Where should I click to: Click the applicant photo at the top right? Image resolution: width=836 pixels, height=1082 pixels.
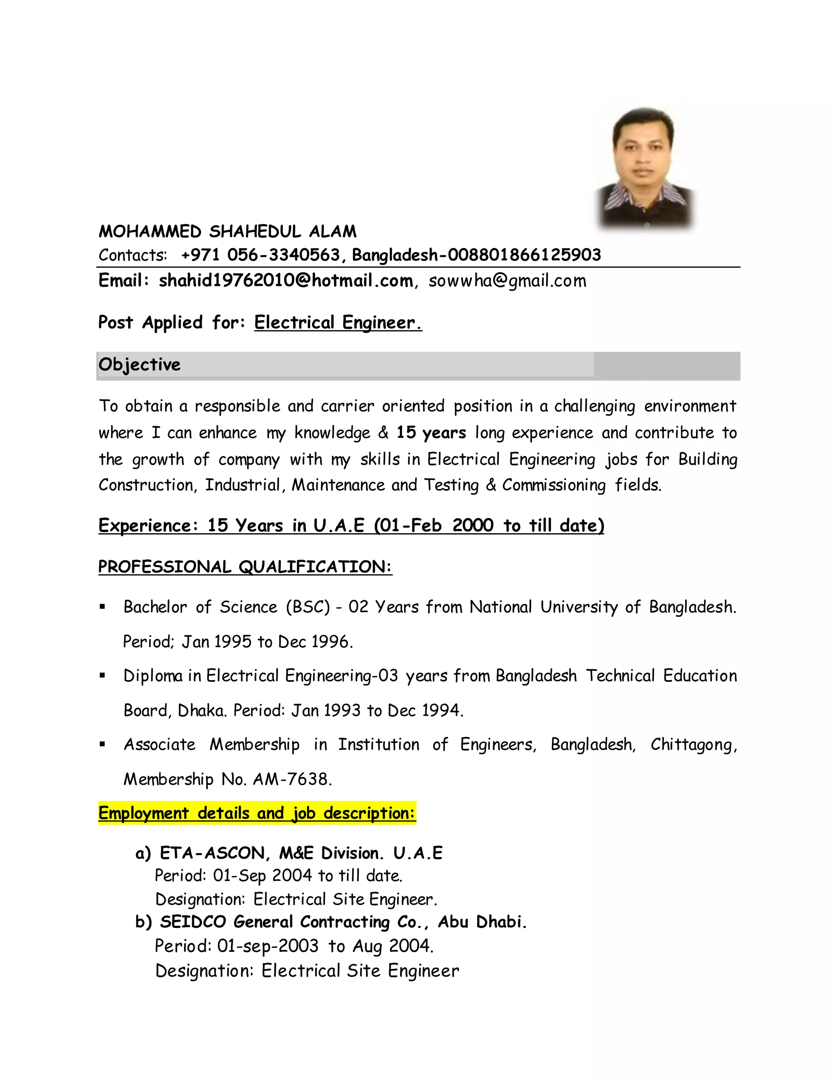(x=645, y=169)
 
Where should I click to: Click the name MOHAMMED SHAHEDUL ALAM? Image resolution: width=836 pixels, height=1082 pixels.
(x=227, y=232)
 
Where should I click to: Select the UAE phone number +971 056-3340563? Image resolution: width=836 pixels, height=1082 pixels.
(x=260, y=255)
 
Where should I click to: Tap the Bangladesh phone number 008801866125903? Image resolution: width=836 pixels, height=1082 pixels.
(x=524, y=255)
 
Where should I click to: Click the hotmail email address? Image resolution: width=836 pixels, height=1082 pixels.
(x=286, y=281)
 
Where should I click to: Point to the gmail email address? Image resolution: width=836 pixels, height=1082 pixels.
(x=507, y=281)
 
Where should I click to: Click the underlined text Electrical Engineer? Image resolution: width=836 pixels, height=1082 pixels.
(x=338, y=323)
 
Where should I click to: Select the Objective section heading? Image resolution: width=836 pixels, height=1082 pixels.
(x=140, y=365)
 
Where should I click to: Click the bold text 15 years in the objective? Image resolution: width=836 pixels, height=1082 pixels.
(x=431, y=432)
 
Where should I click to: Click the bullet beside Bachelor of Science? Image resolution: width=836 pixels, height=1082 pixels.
(x=102, y=607)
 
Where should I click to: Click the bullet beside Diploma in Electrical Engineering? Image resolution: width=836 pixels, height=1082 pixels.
(x=102, y=675)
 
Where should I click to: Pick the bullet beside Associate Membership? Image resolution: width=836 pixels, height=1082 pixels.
(x=102, y=744)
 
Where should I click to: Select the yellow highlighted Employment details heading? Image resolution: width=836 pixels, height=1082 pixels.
(x=256, y=813)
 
